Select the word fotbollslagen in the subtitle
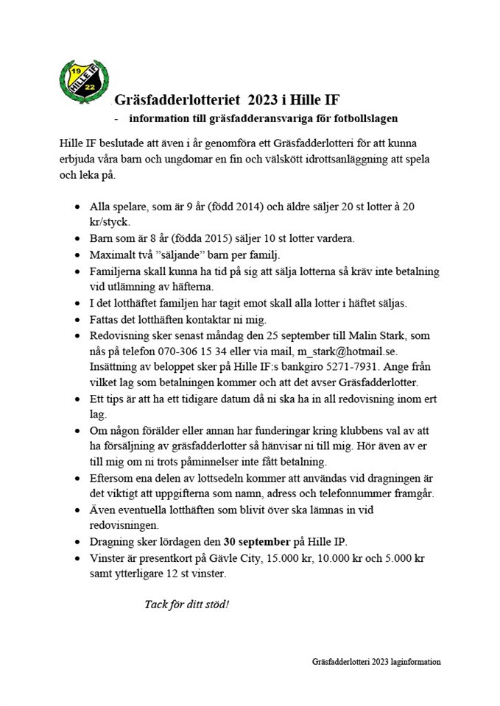364,118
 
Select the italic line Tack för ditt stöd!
187,605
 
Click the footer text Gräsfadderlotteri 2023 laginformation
376,662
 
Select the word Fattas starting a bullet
107,318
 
